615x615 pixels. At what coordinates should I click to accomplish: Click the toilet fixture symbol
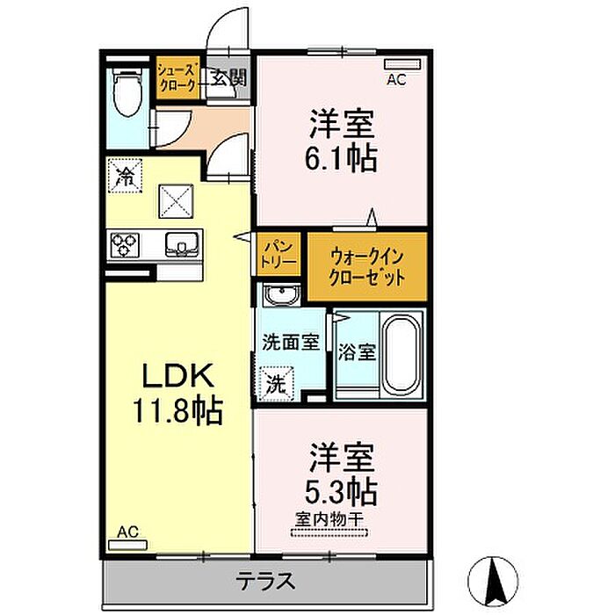(x=127, y=91)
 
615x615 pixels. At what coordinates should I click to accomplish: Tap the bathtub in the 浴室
(x=401, y=355)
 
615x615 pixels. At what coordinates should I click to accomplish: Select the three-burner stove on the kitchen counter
(x=125, y=245)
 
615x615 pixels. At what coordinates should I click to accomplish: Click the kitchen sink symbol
(x=182, y=244)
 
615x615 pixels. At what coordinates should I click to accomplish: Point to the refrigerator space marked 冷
(x=126, y=176)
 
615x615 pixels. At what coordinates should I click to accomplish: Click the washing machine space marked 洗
(x=278, y=383)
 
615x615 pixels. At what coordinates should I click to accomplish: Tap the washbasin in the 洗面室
(x=282, y=295)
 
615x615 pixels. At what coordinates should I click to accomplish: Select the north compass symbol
(x=493, y=581)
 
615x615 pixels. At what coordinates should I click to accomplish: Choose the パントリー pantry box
(x=279, y=254)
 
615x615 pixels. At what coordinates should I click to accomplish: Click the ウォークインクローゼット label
(x=367, y=267)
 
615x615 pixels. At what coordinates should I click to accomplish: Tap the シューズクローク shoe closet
(x=177, y=78)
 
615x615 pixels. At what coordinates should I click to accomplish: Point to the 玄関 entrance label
(x=229, y=78)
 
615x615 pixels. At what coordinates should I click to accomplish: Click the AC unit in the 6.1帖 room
(x=402, y=64)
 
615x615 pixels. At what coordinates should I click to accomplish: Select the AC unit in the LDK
(x=127, y=545)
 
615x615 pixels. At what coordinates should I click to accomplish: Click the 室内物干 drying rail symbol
(x=329, y=532)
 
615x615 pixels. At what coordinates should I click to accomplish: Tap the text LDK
(x=178, y=376)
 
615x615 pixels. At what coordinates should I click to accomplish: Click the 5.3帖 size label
(x=341, y=491)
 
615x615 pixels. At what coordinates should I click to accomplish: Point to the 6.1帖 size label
(x=341, y=159)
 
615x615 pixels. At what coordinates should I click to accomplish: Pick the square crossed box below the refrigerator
(x=176, y=201)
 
